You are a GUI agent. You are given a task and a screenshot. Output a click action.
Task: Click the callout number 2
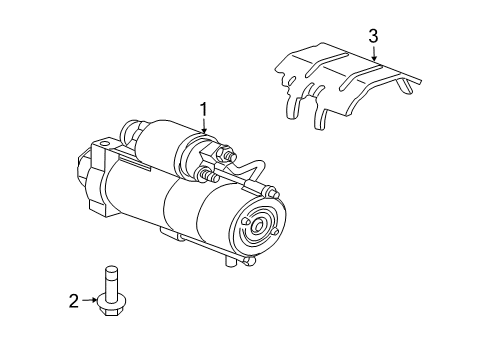coord(73,299)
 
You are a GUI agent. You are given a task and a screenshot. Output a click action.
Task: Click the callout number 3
coord(373,37)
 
